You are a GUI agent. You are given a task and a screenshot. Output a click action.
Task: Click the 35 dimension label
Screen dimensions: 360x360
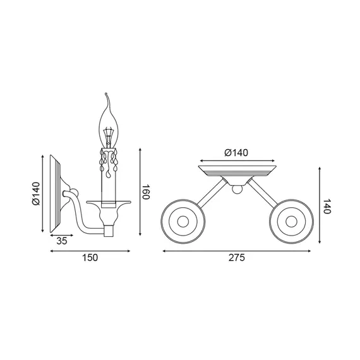click(62, 241)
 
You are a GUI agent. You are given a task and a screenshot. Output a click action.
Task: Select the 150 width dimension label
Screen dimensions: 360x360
click(90, 258)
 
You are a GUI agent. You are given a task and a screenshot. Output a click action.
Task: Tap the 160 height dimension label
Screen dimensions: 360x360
click(146, 192)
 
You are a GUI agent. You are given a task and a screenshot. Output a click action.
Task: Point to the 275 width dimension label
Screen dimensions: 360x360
click(237, 258)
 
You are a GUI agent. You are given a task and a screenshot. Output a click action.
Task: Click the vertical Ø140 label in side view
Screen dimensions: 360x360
click(36, 193)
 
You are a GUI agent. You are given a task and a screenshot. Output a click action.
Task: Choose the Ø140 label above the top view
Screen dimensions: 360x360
click(236, 153)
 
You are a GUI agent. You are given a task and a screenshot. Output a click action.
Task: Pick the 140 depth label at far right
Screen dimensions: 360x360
click(327, 206)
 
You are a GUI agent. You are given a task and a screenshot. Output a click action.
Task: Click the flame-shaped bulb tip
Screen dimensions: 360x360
click(106, 94)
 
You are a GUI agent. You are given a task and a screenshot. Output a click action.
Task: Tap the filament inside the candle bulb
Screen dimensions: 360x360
click(109, 137)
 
